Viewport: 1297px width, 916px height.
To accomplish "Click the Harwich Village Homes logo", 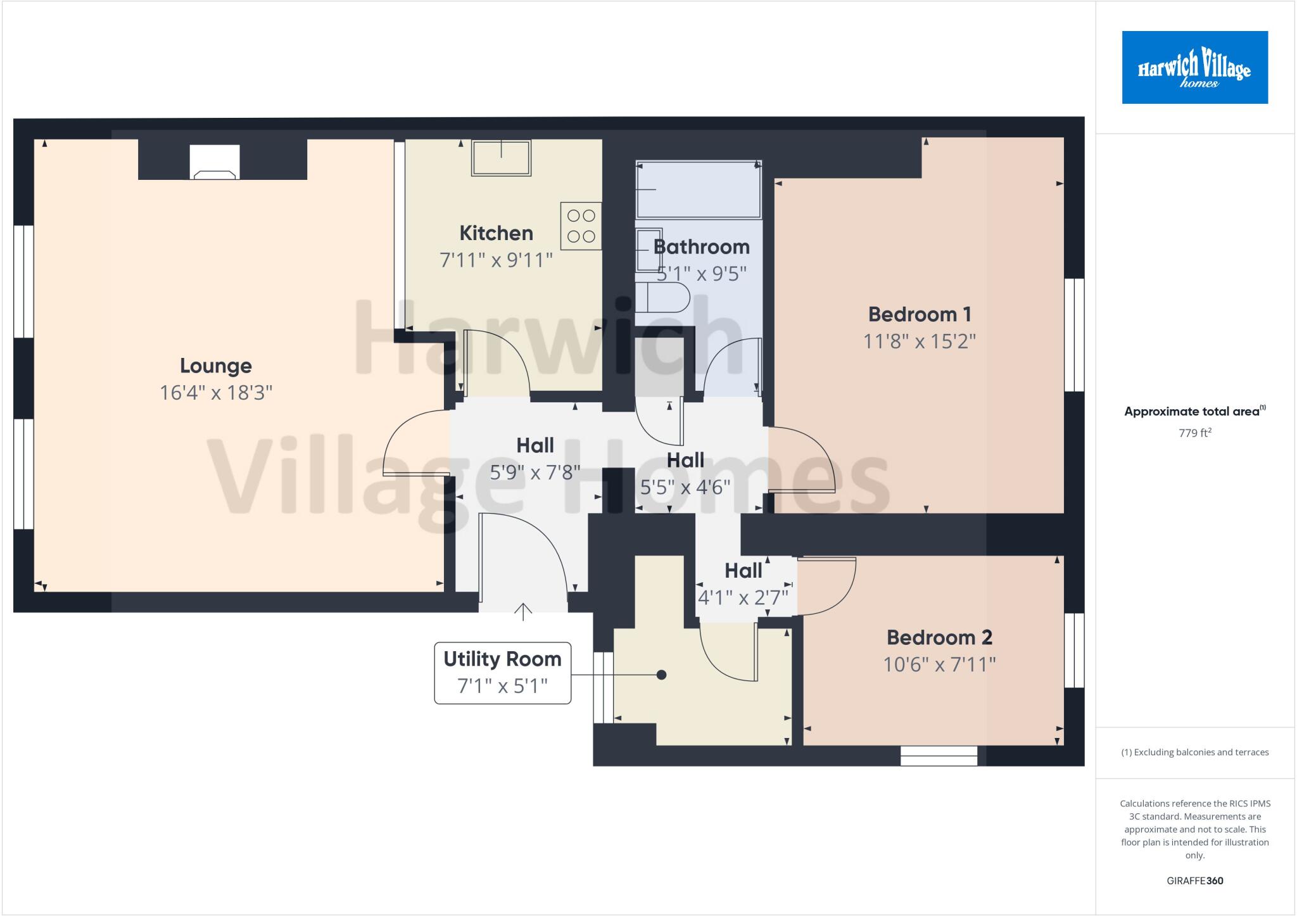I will coord(1194,67).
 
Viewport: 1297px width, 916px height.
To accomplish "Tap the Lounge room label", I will coord(216,366).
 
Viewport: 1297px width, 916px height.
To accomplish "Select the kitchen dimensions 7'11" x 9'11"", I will coord(496,260).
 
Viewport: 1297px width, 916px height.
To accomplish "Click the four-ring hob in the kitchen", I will coord(581,226).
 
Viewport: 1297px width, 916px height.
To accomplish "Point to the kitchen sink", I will coord(501,158).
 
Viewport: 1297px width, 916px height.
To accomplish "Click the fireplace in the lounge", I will coord(215,163).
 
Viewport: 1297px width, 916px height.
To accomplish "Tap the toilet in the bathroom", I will coord(661,298).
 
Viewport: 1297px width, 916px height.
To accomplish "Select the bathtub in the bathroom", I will coord(698,189).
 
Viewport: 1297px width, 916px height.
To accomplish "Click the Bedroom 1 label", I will coord(920,314).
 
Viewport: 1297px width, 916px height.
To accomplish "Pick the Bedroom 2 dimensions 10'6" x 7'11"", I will coord(939,665).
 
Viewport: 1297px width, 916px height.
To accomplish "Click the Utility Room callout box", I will coord(502,673).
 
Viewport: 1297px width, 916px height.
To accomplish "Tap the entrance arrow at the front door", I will coord(522,611).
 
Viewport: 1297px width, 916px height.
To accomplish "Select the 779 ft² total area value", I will coord(1194,433).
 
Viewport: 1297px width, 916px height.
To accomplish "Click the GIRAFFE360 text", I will coord(1194,881).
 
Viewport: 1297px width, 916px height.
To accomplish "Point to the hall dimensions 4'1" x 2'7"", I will coord(743,597).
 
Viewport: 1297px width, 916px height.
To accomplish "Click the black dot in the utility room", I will coord(661,675).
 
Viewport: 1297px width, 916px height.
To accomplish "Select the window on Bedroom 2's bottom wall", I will coord(939,756).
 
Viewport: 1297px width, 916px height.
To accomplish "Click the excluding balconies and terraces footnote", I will coord(1194,753).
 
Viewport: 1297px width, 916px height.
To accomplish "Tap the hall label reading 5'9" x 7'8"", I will coord(535,472).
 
